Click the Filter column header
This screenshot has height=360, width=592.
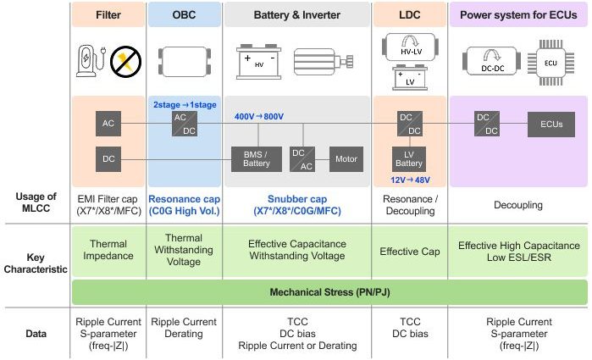(x=108, y=14)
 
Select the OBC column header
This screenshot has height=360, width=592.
(x=184, y=14)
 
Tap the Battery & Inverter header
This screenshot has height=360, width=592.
(x=296, y=14)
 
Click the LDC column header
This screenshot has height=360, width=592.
(x=410, y=14)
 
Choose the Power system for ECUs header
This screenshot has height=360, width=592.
(x=517, y=14)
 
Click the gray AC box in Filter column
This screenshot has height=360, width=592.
(x=108, y=124)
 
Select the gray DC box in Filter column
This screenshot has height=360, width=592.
(x=108, y=158)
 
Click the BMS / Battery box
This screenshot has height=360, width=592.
(x=256, y=158)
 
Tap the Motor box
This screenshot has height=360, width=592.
(x=346, y=158)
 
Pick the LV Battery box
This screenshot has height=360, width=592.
(x=410, y=158)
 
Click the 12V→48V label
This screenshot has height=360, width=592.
(x=410, y=180)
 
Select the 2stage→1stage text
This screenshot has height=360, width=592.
(x=185, y=104)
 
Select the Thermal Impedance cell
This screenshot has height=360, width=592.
(x=108, y=250)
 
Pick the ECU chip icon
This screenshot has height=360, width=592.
(x=551, y=62)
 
